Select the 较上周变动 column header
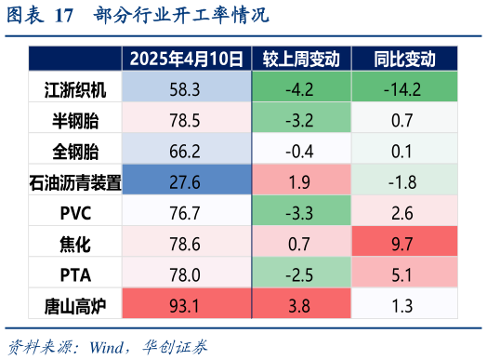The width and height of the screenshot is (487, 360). pyautogui.click(x=301, y=60)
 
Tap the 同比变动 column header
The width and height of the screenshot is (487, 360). pyautogui.click(x=404, y=60)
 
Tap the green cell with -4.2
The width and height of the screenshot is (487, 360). pyautogui.click(x=301, y=89)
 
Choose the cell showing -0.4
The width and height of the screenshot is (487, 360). pyautogui.click(x=301, y=150)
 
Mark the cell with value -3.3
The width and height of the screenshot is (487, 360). pyautogui.click(x=301, y=211)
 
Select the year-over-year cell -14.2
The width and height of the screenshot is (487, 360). pyautogui.click(x=404, y=89)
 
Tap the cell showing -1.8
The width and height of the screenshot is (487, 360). pyautogui.click(x=404, y=180)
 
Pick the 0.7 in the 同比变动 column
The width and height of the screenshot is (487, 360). pyautogui.click(x=404, y=120)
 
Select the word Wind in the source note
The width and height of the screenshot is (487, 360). pyautogui.click(x=111, y=346)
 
